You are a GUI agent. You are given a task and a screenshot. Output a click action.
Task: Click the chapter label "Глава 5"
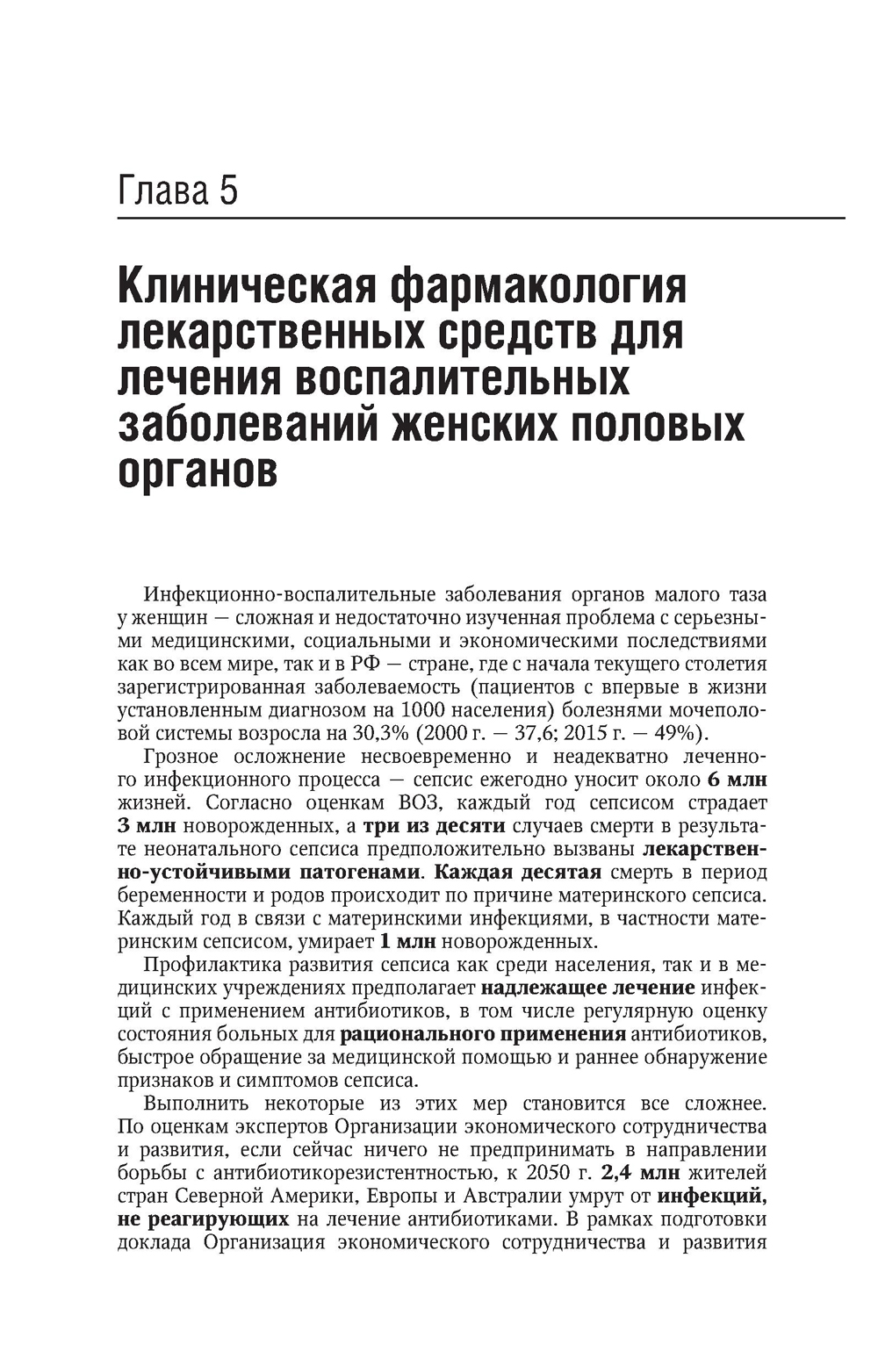[x=178, y=191]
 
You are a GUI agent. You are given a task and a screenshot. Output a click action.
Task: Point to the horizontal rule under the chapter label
[x=481, y=218]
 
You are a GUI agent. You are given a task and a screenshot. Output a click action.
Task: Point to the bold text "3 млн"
[x=147, y=825]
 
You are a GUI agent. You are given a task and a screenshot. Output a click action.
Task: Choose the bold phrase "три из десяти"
[x=434, y=825]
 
